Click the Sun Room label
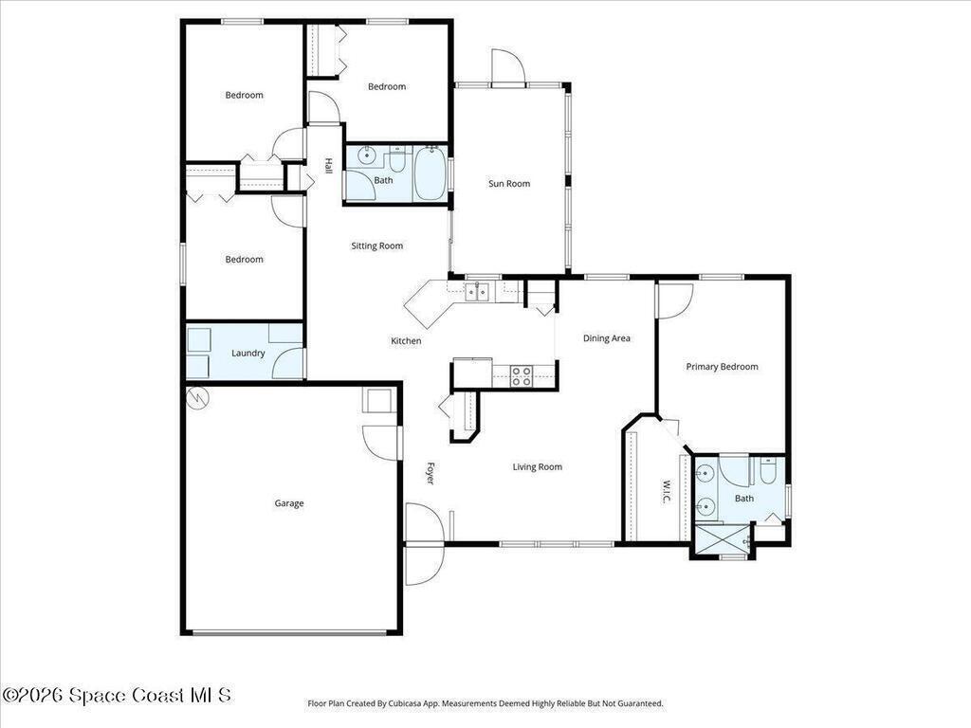pos(509,183)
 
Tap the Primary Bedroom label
pos(722,367)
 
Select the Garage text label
pos(289,503)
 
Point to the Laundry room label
pos(247,353)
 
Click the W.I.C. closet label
pos(667,492)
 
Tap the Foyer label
pos(431,473)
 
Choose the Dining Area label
pos(606,338)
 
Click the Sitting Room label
pos(376,246)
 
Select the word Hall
pos(329,165)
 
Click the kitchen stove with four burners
pos(522,376)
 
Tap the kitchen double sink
pos(476,291)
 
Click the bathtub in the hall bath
pos(430,173)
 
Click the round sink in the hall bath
pos(367,156)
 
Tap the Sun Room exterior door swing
pos(508,65)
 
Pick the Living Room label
pos(537,466)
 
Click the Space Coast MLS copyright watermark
pos(117,695)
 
